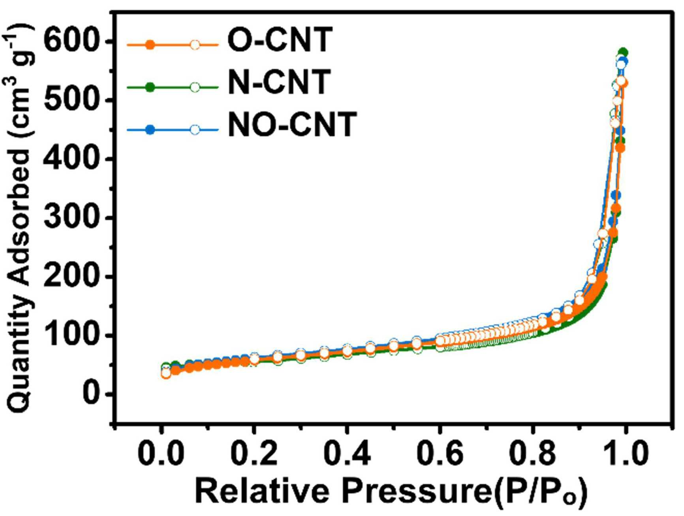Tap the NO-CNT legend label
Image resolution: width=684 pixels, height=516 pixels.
293,124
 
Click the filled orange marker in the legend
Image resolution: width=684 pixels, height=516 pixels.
150,45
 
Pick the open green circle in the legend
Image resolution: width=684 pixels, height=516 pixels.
195,87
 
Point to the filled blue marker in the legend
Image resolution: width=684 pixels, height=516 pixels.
150,129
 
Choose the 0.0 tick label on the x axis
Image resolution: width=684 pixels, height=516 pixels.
160,453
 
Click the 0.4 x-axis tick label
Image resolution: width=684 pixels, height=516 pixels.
347,453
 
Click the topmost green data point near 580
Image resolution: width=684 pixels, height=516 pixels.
623,52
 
